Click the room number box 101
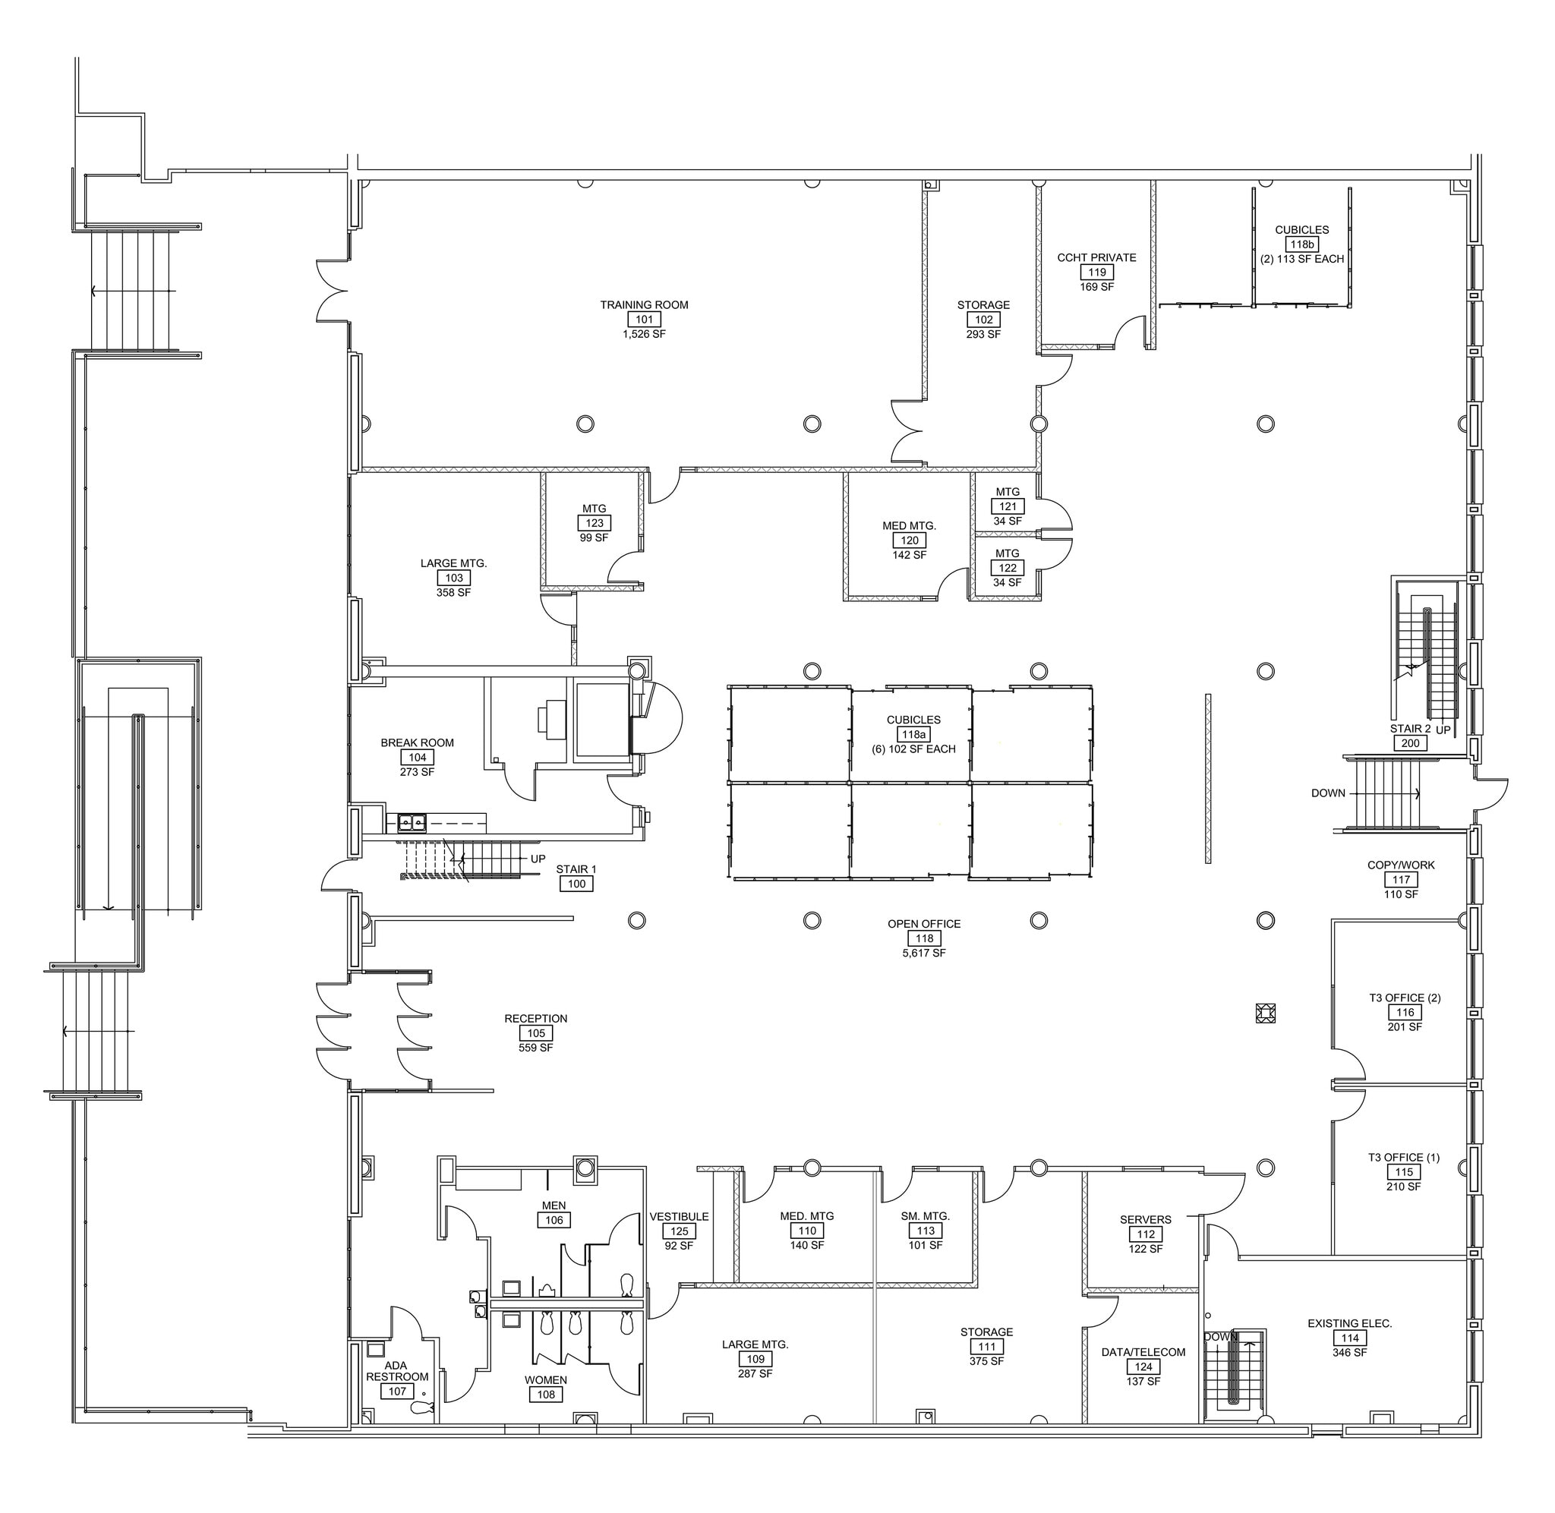coord(644,320)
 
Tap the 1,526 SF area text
coord(644,335)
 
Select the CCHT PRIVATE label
coord(1096,257)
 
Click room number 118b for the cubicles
coord(1301,244)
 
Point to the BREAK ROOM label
coord(417,743)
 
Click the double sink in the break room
coord(411,822)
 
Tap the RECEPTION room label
coord(535,1019)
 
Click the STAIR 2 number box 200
coord(1411,744)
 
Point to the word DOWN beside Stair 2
coord(1328,793)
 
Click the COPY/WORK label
coord(1401,865)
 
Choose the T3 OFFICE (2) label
coord(1405,998)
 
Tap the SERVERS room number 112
coord(1145,1234)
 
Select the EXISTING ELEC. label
coord(1349,1323)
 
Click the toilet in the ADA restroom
coord(421,1408)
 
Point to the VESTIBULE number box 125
coord(680,1231)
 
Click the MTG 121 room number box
coord(1008,506)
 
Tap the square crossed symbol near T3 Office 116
coord(1265,1013)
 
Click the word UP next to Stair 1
coord(538,859)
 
